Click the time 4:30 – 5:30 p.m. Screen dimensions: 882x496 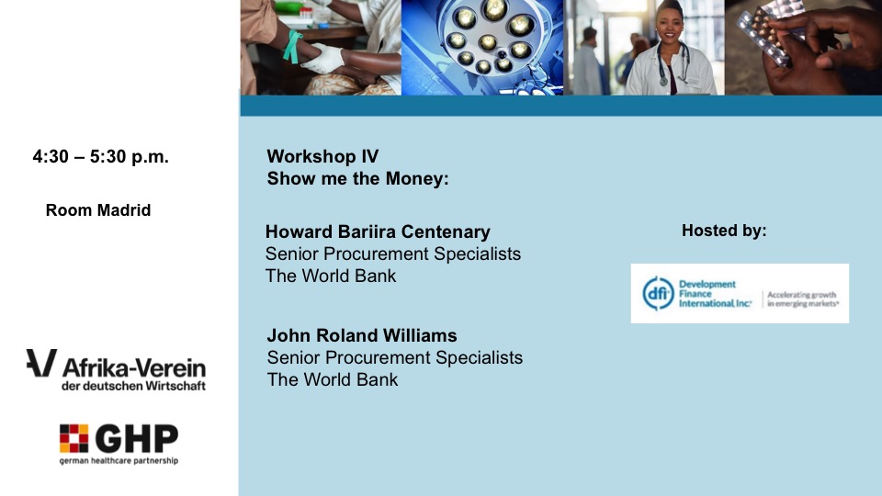[x=101, y=156]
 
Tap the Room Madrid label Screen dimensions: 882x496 [x=98, y=210]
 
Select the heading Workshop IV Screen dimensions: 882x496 [x=322, y=156]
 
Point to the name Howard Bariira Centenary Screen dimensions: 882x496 [x=378, y=231]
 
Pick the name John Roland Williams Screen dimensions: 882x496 [x=362, y=335]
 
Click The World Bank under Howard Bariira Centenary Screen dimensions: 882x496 [x=331, y=276]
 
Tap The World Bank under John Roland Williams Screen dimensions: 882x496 [x=333, y=379]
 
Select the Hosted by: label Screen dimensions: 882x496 [x=724, y=230]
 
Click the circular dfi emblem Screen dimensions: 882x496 [x=658, y=293]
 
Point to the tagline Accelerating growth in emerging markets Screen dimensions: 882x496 [x=803, y=299]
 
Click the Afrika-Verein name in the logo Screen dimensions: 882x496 [x=134, y=367]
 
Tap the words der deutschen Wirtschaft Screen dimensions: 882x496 [x=134, y=387]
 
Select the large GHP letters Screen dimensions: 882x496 [x=137, y=439]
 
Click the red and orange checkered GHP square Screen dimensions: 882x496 [x=73, y=438]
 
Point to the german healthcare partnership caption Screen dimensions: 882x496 [x=119, y=460]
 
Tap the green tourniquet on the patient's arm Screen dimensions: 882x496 [x=292, y=46]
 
